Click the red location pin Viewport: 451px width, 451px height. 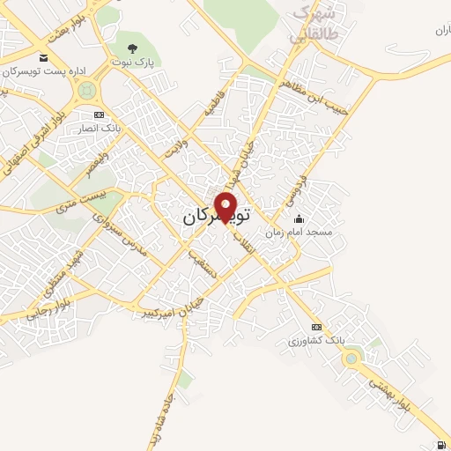click(x=226, y=206)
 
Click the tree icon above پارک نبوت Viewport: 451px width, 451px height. click(x=133, y=48)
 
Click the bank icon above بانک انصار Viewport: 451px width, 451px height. click(x=99, y=115)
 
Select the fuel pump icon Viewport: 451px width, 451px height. click(x=440, y=443)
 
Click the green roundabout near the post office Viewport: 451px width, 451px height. click(x=86, y=90)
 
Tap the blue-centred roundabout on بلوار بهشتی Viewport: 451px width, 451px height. click(x=352, y=358)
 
